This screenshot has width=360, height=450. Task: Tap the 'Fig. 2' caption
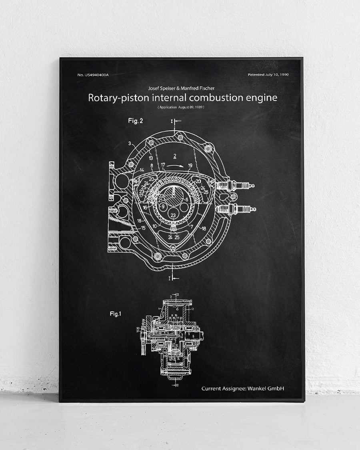(136, 120)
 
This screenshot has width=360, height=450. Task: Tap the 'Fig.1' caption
(115, 314)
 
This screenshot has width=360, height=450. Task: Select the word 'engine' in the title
(262, 98)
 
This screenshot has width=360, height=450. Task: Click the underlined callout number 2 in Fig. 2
(175, 154)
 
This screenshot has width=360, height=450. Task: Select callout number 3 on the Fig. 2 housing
(130, 143)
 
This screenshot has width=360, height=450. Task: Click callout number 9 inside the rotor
(163, 206)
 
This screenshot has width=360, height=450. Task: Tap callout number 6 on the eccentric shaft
(186, 199)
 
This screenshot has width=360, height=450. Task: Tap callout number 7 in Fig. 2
(192, 226)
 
